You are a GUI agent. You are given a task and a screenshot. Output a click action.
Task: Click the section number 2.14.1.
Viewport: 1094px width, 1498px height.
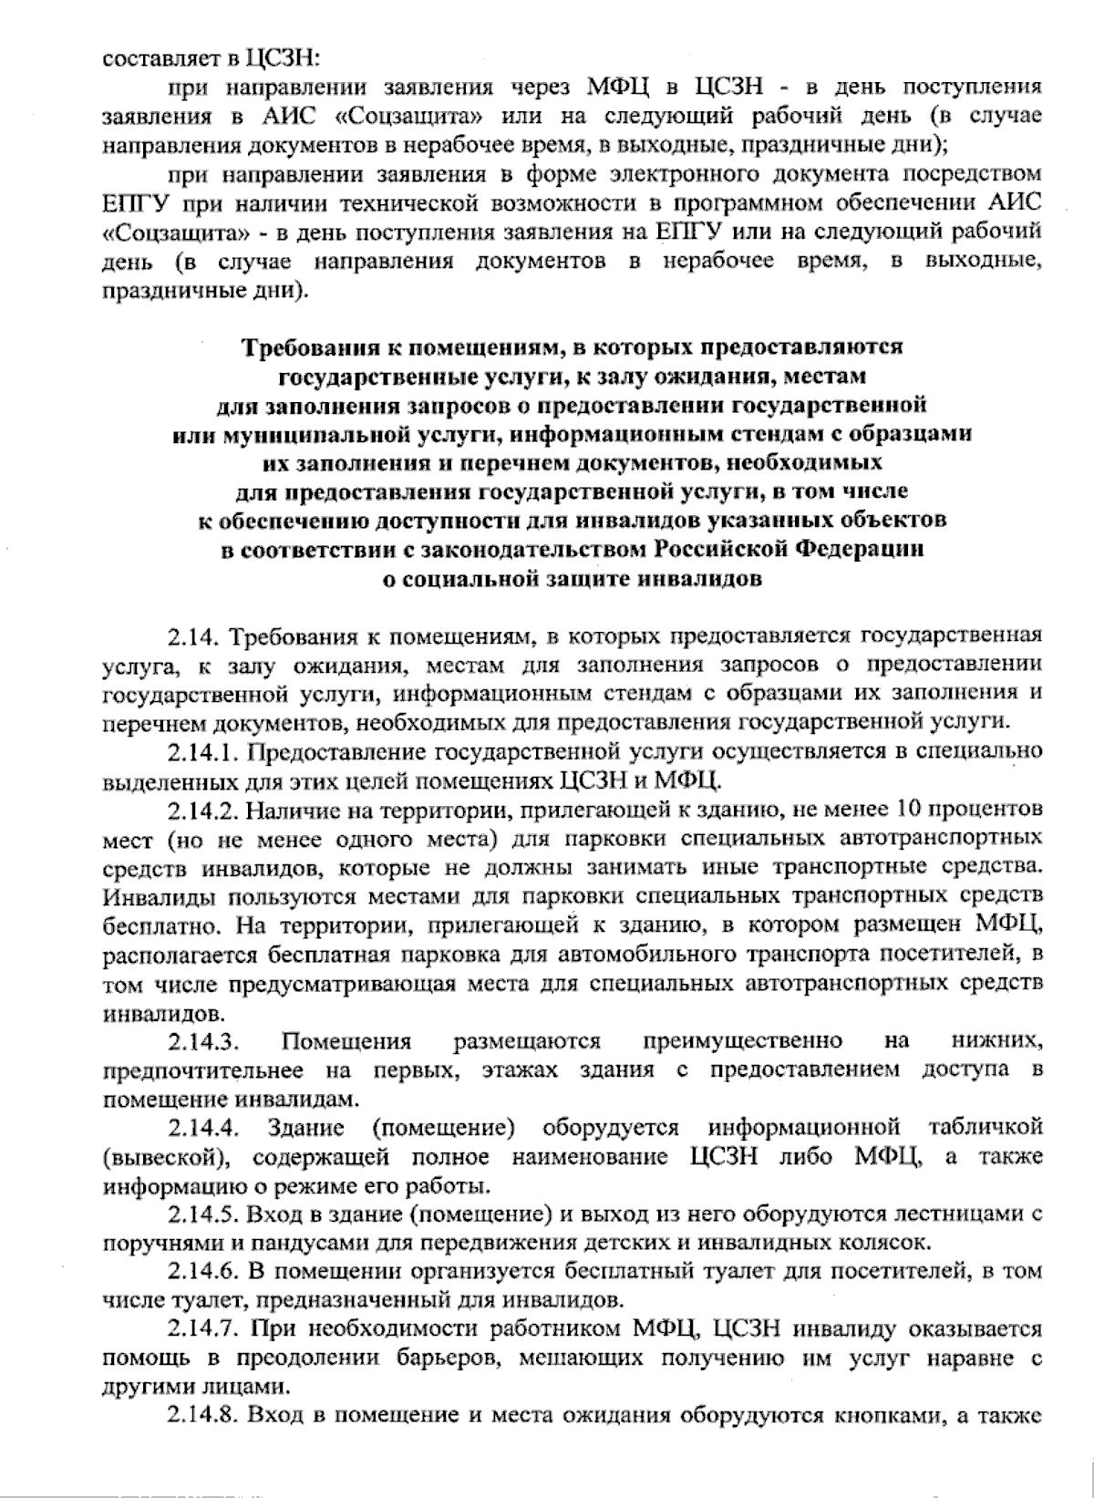point(204,752)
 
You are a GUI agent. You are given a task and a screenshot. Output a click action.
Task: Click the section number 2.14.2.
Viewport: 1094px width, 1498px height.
point(204,809)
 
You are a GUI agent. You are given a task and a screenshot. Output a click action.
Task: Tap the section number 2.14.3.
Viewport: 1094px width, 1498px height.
point(204,1041)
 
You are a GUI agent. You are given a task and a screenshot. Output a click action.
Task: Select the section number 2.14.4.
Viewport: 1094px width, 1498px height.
point(204,1128)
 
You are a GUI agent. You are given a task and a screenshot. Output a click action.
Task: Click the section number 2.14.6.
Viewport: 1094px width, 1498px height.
point(204,1271)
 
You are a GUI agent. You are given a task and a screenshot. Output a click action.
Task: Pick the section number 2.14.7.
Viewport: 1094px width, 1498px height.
point(204,1328)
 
